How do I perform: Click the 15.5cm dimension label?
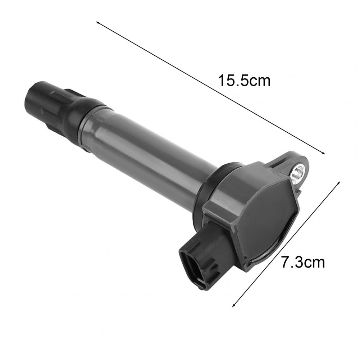pyautogui.click(x=244, y=81)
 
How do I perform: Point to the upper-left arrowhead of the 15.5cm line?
pyautogui.click(x=97, y=22)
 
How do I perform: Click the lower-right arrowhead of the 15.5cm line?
pyautogui.click(x=324, y=153)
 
